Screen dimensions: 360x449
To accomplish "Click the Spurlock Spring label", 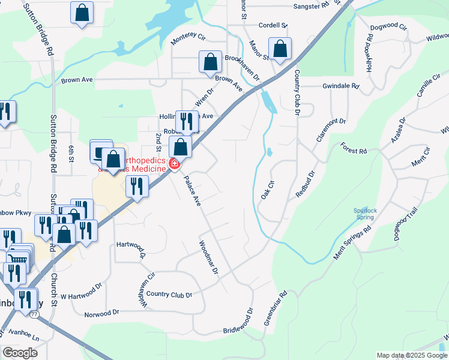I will (x=364, y=213).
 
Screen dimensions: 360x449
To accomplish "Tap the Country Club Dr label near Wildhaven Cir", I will (x=169, y=295).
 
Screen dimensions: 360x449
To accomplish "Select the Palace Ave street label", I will (x=192, y=191).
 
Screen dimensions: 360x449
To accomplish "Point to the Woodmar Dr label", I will (x=208, y=257).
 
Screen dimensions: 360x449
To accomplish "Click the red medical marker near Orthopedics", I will (x=174, y=163).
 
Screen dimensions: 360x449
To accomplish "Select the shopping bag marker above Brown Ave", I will (x=210, y=62).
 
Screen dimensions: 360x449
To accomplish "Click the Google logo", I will (x=20, y=353).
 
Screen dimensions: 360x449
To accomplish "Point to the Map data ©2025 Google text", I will (x=411, y=355).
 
